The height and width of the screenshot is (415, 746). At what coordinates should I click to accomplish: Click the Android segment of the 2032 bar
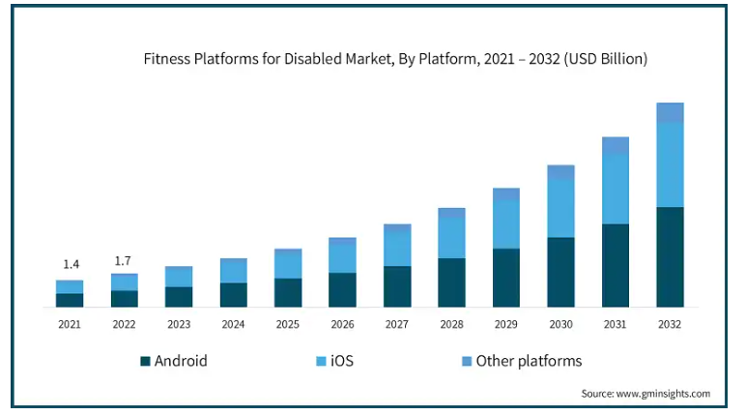pyautogui.click(x=670, y=256)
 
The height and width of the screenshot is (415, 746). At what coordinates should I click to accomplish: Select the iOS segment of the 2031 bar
pyautogui.click(x=616, y=190)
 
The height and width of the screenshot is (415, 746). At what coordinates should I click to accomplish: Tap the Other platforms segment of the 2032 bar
pyautogui.click(x=670, y=112)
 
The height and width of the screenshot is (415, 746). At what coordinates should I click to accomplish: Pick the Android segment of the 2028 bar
pyautogui.click(x=451, y=282)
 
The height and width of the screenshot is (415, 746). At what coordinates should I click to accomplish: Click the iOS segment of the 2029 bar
pyautogui.click(x=505, y=224)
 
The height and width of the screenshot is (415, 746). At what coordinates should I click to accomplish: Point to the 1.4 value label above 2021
pyautogui.click(x=70, y=264)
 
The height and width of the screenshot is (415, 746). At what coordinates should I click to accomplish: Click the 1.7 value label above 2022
pyautogui.click(x=124, y=260)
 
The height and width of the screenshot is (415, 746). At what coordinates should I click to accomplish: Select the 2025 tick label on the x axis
pyautogui.click(x=288, y=325)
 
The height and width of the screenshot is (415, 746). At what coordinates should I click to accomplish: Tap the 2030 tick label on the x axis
pyautogui.click(x=560, y=325)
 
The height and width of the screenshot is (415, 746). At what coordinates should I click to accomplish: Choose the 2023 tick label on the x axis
pyautogui.click(x=179, y=325)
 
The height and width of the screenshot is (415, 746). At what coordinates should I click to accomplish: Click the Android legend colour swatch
pyautogui.click(x=145, y=361)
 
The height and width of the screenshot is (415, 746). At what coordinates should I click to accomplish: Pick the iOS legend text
pyautogui.click(x=341, y=361)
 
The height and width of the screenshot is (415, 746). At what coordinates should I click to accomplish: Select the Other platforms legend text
pyautogui.click(x=531, y=361)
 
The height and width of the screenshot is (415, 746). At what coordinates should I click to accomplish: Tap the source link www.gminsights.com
pyautogui.click(x=663, y=394)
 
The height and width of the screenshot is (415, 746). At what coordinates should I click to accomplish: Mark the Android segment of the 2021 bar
pyautogui.click(x=70, y=300)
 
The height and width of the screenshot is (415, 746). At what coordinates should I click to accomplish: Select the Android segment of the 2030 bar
pyautogui.click(x=560, y=272)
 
